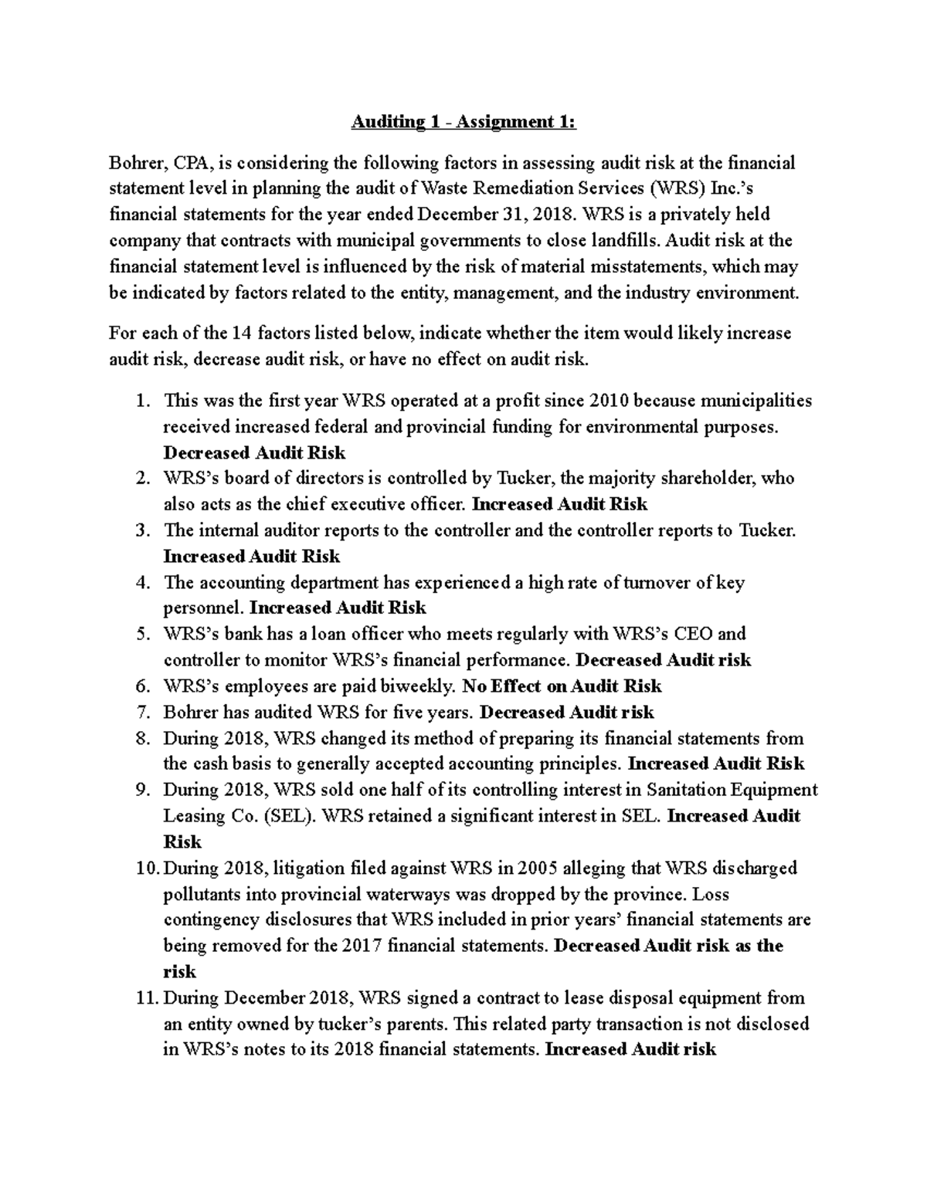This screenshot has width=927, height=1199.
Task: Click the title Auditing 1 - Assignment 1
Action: pyautogui.click(x=463, y=122)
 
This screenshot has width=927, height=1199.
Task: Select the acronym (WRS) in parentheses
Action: pyautogui.click(x=677, y=189)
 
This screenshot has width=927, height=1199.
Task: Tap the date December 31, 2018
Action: pyautogui.click(x=513, y=215)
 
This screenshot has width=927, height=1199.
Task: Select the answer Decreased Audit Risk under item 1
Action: pyautogui.click(x=254, y=452)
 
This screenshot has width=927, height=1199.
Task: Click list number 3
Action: pyautogui.click(x=141, y=530)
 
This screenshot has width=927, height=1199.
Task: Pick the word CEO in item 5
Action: pyautogui.click(x=700, y=634)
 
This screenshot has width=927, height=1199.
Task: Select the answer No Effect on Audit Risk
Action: pyautogui.click(x=562, y=686)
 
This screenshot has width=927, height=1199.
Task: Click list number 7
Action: pyautogui.click(x=141, y=712)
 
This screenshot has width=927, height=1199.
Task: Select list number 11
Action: pyautogui.click(x=146, y=997)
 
